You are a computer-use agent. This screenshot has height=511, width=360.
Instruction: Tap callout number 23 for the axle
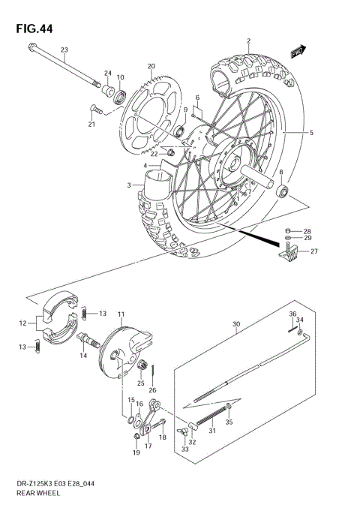pyautogui.click(x=64, y=50)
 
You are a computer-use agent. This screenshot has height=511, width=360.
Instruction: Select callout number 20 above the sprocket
pyautogui.click(x=151, y=66)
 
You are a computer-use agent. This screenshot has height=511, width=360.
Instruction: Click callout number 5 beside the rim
pyautogui.click(x=311, y=132)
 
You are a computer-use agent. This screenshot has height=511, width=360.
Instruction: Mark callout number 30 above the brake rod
pyautogui.click(x=235, y=325)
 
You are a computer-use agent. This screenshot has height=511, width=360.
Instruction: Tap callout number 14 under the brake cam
pyautogui.click(x=84, y=356)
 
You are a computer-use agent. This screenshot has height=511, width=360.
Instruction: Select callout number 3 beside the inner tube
pyautogui.click(x=130, y=185)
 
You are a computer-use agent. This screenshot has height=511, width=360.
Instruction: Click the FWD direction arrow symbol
pyautogui.click(x=297, y=51)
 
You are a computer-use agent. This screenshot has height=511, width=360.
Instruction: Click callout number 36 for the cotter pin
pyautogui.click(x=292, y=314)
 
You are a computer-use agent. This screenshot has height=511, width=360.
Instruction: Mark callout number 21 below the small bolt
pyautogui.click(x=92, y=125)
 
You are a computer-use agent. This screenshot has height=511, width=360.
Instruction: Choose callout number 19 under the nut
pyautogui.click(x=136, y=453)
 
